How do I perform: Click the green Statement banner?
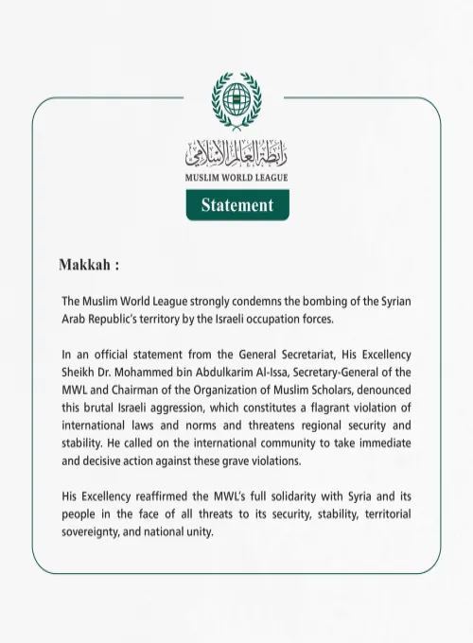236,204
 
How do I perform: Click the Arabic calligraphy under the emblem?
236,151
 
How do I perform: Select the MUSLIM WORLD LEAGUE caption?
236,177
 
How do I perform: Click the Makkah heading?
89,264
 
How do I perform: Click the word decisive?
101,461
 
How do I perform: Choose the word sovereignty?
96,531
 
